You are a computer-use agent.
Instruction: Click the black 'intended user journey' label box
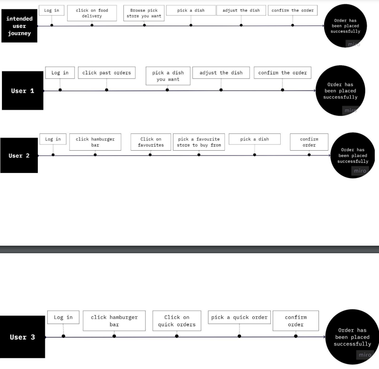click(19, 26)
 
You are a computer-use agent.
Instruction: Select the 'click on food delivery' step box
click(92, 13)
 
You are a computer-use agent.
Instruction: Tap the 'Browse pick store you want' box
click(144, 13)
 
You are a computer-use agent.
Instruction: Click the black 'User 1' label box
click(23, 91)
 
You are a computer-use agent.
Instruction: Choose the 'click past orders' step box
click(107, 73)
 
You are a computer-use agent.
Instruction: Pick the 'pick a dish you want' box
click(168, 76)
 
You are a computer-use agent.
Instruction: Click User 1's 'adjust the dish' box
click(221, 73)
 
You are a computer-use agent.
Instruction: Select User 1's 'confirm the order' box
click(282, 73)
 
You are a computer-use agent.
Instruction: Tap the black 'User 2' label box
click(19, 155)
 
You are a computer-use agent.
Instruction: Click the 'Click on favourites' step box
click(151, 142)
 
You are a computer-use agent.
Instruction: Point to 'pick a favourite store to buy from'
click(199, 142)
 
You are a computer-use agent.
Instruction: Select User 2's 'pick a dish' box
click(255, 139)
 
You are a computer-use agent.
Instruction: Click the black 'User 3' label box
click(23, 337)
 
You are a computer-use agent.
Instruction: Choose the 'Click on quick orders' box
click(177, 321)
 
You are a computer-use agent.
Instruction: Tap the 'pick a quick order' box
click(239, 318)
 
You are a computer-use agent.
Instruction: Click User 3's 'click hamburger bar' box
click(114, 321)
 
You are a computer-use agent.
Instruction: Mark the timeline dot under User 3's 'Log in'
click(63, 336)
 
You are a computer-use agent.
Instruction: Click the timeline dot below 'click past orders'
click(107, 90)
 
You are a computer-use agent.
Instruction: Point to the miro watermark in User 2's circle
click(360, 171)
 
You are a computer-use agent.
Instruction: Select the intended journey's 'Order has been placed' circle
click(345, 26)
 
